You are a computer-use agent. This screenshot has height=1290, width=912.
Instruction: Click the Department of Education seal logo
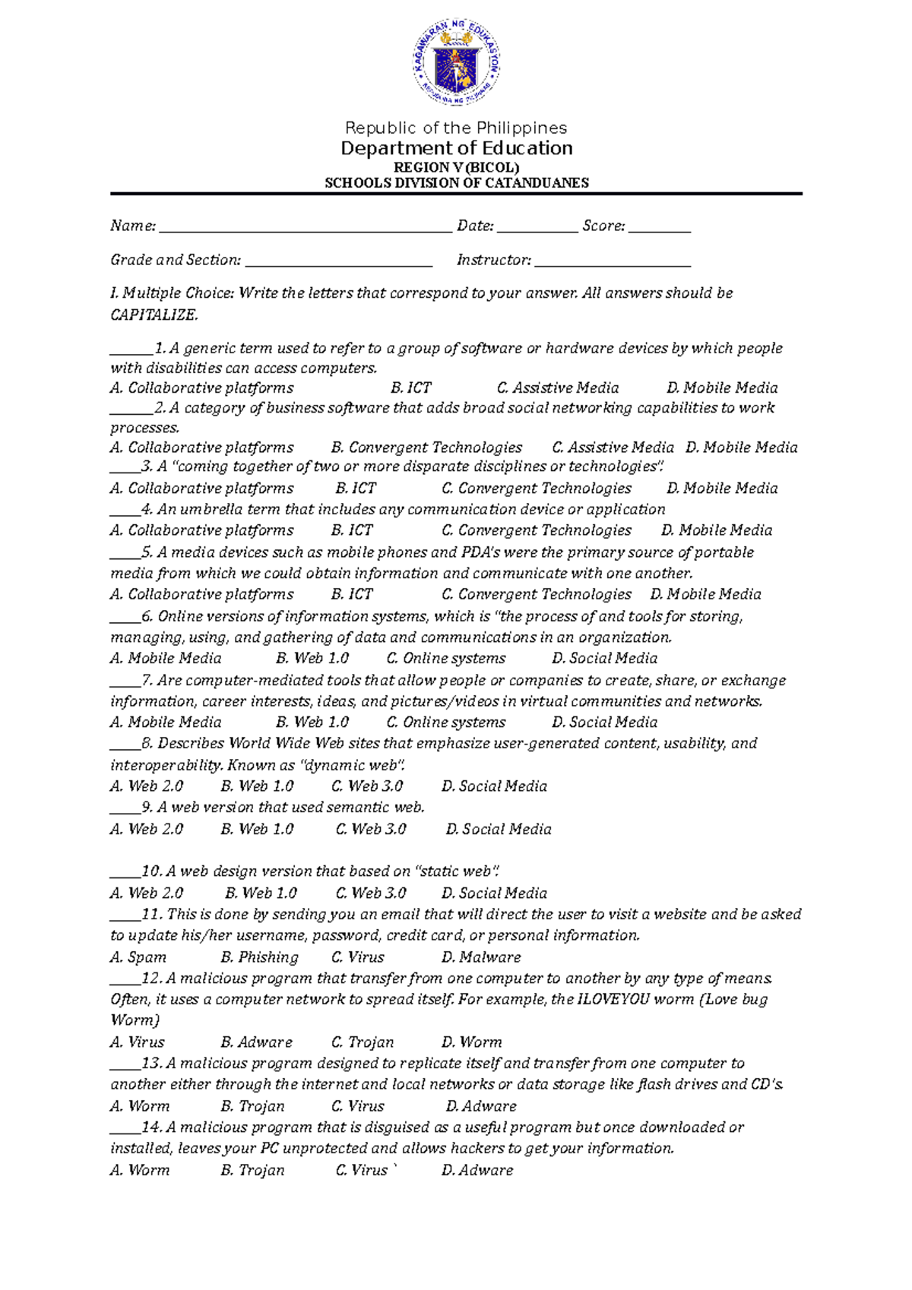tap(457, 65)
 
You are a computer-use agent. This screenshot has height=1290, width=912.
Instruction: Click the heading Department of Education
tap(456, 148)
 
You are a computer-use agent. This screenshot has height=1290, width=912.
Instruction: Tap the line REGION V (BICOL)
tap(456, 167)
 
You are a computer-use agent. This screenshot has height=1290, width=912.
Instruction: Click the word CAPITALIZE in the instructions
tap(154, 315)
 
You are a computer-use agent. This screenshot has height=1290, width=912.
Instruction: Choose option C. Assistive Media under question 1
tap(557, 388)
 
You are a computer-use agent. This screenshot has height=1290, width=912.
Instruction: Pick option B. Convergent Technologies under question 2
tap(426, 447)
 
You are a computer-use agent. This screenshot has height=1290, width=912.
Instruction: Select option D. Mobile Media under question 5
tap(705, 594)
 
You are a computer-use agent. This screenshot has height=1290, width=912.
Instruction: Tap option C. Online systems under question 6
tap(445, 658)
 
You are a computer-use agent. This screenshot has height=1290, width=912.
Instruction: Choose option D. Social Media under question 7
tap(604, 722)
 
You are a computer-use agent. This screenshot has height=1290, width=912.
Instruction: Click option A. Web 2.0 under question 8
tap(147, 786)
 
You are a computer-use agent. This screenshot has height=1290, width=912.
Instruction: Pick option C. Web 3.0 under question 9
tap(371, 829)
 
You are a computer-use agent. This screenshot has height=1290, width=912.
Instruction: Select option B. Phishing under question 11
tap(259, 957)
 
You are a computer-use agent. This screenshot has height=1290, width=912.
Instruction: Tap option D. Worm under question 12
tap(471, 1042)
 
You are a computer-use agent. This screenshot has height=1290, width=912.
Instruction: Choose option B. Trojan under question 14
tap(252, 1170)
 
